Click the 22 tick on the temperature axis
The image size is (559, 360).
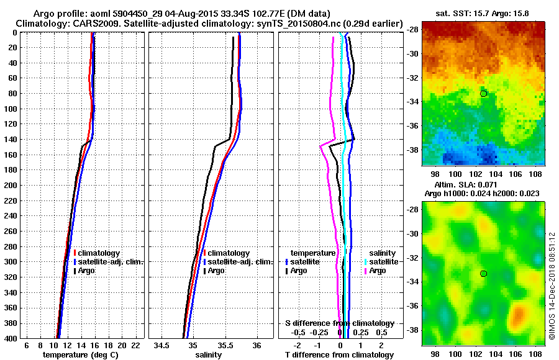135,345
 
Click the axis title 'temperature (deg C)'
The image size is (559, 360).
81,355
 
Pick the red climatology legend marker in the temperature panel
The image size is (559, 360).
75,253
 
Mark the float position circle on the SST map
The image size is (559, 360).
483,94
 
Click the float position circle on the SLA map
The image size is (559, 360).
483,274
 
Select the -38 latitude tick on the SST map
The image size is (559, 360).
412,150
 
